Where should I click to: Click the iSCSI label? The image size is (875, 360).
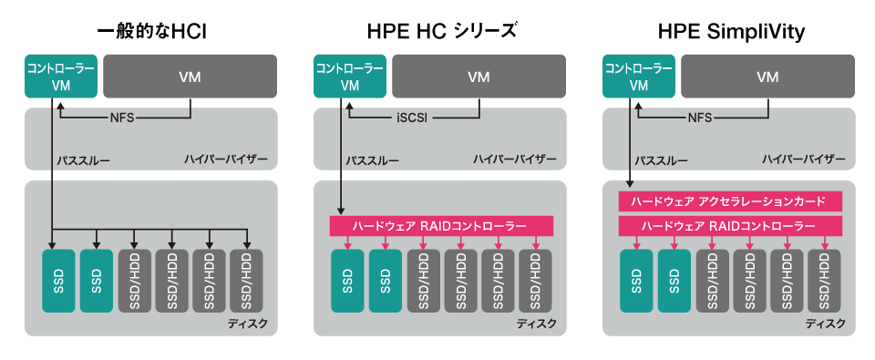click(x=413, y=118)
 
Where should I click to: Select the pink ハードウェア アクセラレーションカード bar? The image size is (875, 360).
click(x=730, y=201)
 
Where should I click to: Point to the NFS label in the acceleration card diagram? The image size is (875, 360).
click(x=700, y=118)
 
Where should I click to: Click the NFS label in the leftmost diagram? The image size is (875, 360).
click(x=122, y=118)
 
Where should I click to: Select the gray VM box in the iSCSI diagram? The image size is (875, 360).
click(x=479, y=78)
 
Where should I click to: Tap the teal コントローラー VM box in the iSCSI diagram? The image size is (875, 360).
click(x=349, y=78)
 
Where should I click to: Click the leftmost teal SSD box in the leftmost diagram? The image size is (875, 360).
click(x=59, y=281)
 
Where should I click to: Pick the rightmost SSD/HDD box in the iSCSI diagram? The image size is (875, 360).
click(x=536, y=281)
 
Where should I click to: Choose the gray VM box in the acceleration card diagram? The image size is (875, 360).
click(x=767, y=78)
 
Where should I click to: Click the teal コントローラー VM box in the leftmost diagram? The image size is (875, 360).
click(x=60, y=78)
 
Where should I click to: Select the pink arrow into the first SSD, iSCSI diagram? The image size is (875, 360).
click(x=346, y=242)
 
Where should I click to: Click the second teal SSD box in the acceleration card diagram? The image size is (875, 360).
click(x=675, y=281)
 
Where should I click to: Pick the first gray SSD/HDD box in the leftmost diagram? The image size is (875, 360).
click(x=135, y=281)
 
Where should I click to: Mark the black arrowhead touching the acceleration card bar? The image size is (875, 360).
click(x=630, y=187)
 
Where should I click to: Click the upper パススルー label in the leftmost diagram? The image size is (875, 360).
click(x=83, y=160)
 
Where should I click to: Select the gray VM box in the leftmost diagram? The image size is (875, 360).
click(x=190, y=78)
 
